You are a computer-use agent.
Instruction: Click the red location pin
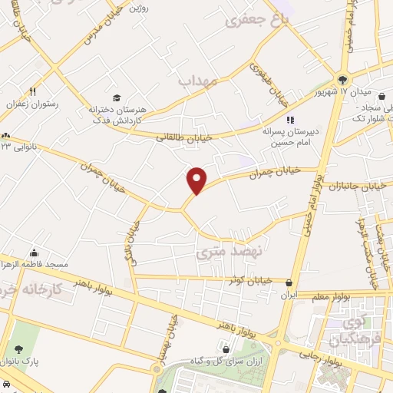[197, 180]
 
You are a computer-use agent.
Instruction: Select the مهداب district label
[199, 80]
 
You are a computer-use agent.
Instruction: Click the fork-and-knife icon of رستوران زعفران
[32, 91]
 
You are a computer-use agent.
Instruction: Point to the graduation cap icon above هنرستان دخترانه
[117, 97]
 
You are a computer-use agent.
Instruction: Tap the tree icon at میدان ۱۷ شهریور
[342, 78]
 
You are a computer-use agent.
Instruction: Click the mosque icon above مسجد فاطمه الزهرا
[34, 253]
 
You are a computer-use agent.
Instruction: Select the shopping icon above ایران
[289, 282]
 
